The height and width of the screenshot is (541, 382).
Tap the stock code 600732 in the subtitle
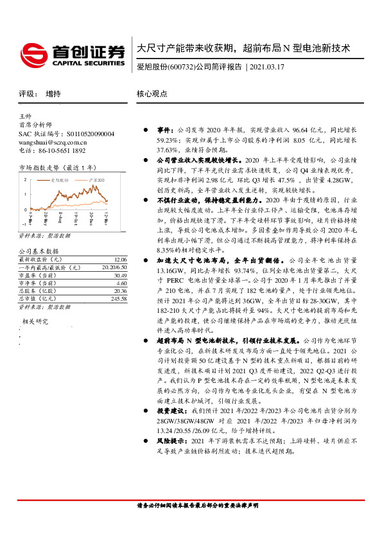(x=179, y=67)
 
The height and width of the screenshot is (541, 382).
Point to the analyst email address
(x=53, y=142)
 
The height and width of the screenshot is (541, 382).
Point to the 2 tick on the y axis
(x=25, y=179)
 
